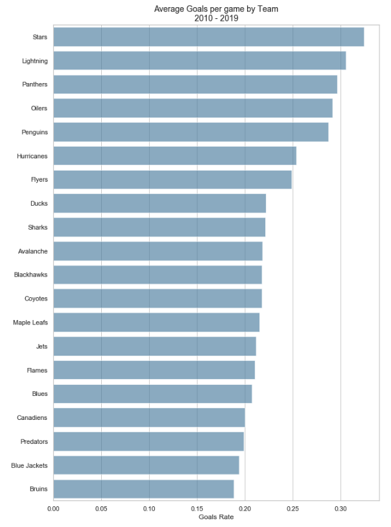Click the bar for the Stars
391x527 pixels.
pyautogui.click(x=208, y=37)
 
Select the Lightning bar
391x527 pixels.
pyautogui.click(x=199, y=61)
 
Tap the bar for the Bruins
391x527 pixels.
pyautogui.click(x=143, y=489)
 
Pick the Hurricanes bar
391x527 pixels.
pyautogui.click(x=174, y=156)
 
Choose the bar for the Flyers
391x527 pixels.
pyautogui.click(x=172, y=180)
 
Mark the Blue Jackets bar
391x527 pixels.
pyautogui.click(x=146, y=465)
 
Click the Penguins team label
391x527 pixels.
pyautogui.click(x=34, y=132)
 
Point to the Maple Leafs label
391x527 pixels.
pyautogui.click(x=30, y=323)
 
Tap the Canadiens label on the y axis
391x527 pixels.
pyautogui.click(x=32, y=418)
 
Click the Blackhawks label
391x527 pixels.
pyautogui.click(x=30, y=275)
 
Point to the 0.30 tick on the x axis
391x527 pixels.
pyautogui.click(x=340, y=509)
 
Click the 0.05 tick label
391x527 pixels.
pyautogui.click(x=101, y=509)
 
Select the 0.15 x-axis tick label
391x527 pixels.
pyautogui.click(x=197, y=509)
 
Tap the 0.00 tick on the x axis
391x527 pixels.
pyautogui.click(x=53, y=509)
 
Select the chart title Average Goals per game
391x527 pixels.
pyautogui.click(x=216, y=9)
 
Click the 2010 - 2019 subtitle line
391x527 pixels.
pyautogui.click(x=216, y=18)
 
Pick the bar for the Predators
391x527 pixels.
pyautogui.click(x=148, y=441)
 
